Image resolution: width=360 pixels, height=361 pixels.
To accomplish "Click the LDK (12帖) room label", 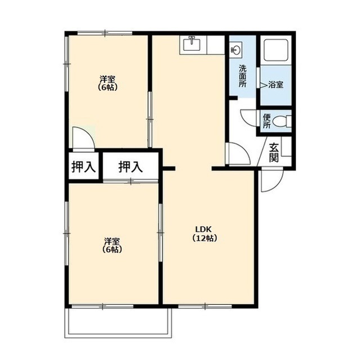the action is [205, 234].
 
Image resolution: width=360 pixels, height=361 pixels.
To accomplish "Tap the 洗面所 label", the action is [242, 76].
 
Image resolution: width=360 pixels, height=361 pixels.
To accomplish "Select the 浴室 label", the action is [275, 85].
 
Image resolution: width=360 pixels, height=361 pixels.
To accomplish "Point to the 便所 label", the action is [266, 121].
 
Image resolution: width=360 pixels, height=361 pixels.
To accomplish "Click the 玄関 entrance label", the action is [274, 152].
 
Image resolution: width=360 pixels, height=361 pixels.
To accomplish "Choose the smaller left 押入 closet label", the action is [83, 167].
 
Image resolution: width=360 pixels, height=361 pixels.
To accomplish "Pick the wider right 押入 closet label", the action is [130, 167].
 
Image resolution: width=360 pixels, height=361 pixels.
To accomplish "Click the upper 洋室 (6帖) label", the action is [108, 83].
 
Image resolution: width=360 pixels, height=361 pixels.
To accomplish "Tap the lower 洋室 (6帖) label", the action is [112, 245].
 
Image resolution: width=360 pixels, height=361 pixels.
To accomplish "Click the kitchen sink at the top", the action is [192, 45].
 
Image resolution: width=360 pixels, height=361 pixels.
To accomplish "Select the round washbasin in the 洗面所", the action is [236, 49].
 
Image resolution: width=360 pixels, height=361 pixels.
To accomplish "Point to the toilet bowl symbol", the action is [282, 121].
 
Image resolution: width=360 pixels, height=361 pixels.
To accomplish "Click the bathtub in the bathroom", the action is [276, 50].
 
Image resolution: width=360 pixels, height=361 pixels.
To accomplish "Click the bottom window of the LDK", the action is [205, 306].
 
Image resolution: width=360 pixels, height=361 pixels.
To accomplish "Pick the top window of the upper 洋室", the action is [105, 33].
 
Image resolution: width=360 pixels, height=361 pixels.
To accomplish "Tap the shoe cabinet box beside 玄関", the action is [286, 147].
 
